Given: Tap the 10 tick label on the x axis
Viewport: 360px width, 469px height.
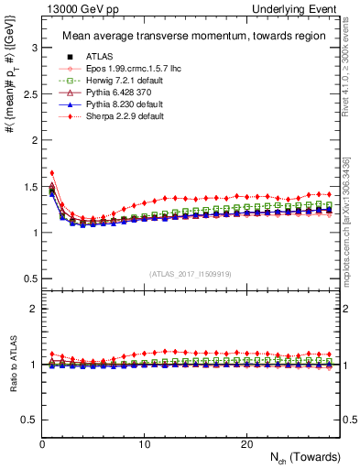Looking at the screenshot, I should (x=144, y=443).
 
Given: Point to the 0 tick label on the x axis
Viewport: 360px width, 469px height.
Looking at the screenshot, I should (x=42, y=443).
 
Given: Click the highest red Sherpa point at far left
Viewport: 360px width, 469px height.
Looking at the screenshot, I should (x=52, y=172).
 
